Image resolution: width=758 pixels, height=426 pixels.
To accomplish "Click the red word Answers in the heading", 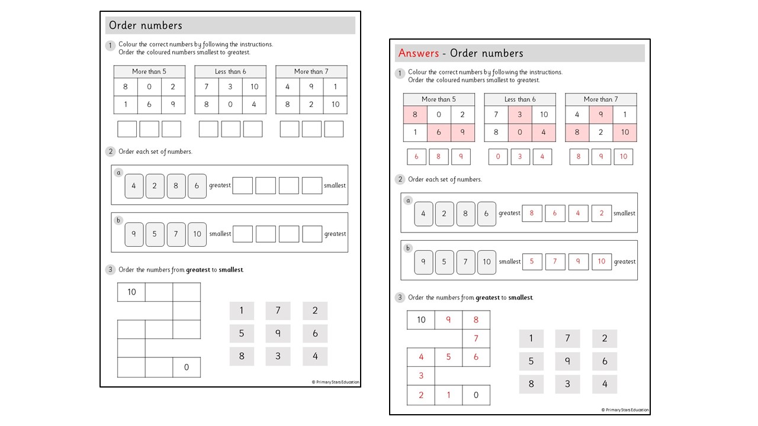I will pyautogui.click(x=418, y=53).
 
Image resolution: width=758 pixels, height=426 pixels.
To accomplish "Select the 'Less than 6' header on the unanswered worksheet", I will pyautogui.click(x=230, y=72).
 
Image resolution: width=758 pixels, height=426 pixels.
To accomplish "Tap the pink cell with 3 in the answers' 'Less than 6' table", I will pyautogui.click(x=520, y=115).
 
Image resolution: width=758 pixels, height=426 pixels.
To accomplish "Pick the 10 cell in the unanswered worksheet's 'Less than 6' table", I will pyautogui.click(x=254, y=87).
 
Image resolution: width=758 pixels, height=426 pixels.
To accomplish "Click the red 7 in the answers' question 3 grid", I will pyautogui.click(x=476, y=338).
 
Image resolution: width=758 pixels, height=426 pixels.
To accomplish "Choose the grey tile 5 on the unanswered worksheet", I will pyautogui.click(x=242, y=334).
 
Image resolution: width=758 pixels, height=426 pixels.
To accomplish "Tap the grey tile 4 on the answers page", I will pyautogui.click(x=604, y=384).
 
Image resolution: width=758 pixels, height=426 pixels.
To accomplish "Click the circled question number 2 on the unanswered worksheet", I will pyautogui.click(x=110, y=151).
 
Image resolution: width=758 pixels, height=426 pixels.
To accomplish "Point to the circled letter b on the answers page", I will pyautogui.click(x=407, y=248).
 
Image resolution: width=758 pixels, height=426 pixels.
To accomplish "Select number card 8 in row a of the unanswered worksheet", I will pyautogui.click(x=176, y=186).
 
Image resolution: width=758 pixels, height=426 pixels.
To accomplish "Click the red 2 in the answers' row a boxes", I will pyautogui.click(x=601, y=214).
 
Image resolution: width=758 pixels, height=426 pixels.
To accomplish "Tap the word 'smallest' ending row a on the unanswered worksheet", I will pyautogui.click(x=335, y=185).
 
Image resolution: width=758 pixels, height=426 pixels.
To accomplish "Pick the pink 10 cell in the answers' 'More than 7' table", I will pyautogui.click(x=625, y=133).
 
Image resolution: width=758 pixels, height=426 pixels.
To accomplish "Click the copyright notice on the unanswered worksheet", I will pyautogui.click(x=335, y=382).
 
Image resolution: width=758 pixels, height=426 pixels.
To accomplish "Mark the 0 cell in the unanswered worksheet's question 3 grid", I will pyautogui.click(x=187, y=367).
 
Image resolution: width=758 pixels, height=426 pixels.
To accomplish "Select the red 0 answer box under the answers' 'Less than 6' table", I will pyautogui.click(x=498, y=157).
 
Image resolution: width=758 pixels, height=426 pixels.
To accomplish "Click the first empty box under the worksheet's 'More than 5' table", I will pyautogui.click(x=127, y=129).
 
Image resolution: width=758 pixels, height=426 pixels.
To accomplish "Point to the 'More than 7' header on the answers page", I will pyautogui.click(x=600, y=99).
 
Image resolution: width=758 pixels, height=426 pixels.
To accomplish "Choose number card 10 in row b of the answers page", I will pyautogui.click(x=486, y=262).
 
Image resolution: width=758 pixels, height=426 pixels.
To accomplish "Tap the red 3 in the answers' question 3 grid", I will pyautogui.click(x=421, y=376).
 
